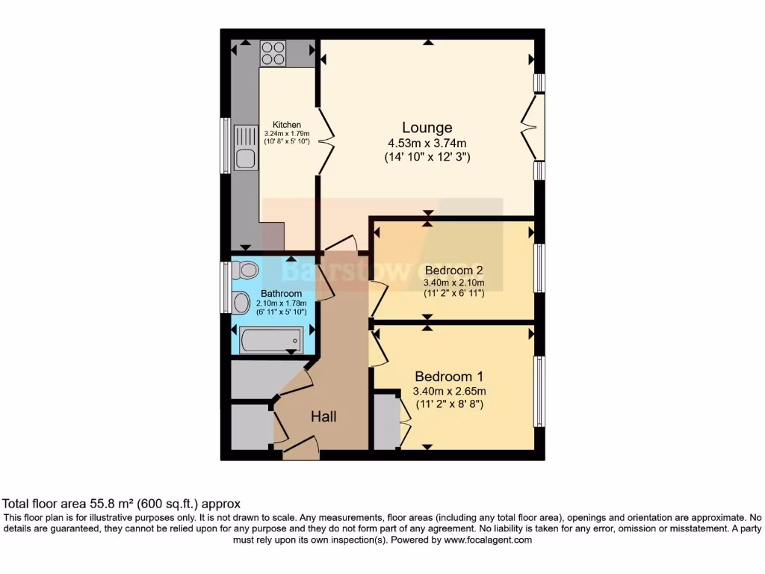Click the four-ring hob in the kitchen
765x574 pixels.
273,53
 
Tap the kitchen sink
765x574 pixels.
245,147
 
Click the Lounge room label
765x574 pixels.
427,127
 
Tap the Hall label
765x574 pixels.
323,416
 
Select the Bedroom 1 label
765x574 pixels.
444,376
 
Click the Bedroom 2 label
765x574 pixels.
453,270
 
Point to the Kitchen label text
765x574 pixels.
287,125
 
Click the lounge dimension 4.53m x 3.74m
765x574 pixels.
427,143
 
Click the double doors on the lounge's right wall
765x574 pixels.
531,127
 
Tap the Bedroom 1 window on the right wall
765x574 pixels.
538,392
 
